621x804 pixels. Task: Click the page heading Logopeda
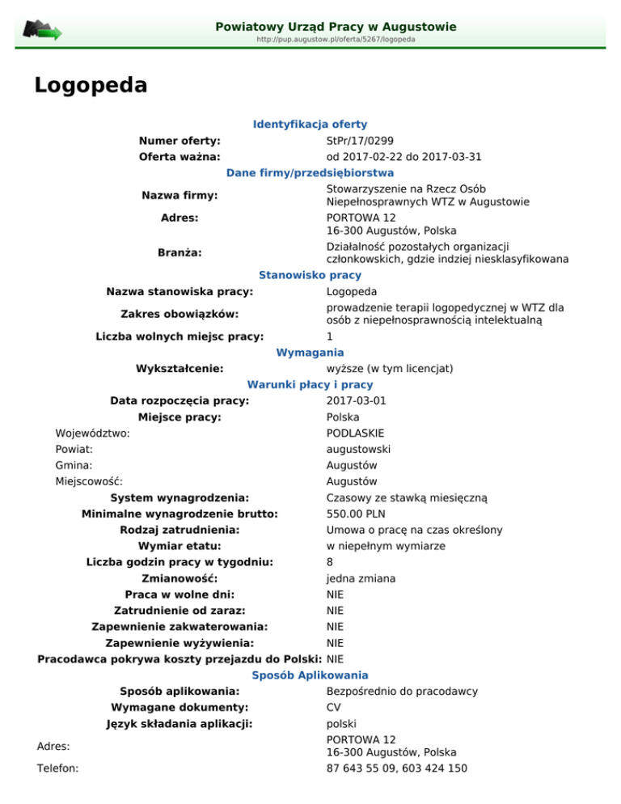91,85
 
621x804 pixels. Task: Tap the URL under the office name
336,39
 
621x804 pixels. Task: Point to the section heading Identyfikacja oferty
310,125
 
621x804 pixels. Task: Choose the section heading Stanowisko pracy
310,275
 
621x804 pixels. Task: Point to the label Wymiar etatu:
180,546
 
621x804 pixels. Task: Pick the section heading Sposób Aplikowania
310,675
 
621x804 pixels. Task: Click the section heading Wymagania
310,353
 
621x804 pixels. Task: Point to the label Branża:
180,252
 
